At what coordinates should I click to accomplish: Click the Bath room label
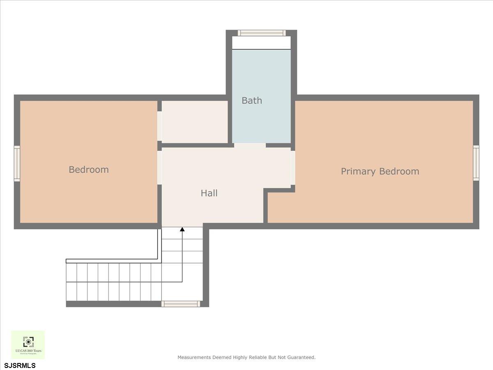[x=251, y=100]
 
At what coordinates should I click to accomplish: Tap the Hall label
[x=209, y=193]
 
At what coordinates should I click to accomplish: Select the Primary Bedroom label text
[x=380, y=171]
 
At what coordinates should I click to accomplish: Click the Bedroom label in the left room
[x=89, y=169]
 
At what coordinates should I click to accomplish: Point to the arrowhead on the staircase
[x=182, y=229]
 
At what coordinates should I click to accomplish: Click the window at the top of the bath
[x=262, y=33]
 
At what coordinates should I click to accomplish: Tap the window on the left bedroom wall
[x=17, y=164]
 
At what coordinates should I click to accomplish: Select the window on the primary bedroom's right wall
[x=476, y=163]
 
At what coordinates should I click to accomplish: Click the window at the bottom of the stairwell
[x=181, y=304]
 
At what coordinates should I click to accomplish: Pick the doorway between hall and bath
[x=250, y=145]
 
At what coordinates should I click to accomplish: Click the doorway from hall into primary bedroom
[x=293, y=168]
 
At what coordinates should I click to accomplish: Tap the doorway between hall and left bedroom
[x=159, y=168]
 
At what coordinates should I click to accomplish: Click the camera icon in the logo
[x=28, y=341]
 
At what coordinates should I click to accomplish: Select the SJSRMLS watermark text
[x=20, y=365]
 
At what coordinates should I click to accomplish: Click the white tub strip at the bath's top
[x=261, y=43]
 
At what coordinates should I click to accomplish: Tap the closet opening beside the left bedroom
[x=159, y=126]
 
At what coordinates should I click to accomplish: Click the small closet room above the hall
[x=195, y=122]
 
